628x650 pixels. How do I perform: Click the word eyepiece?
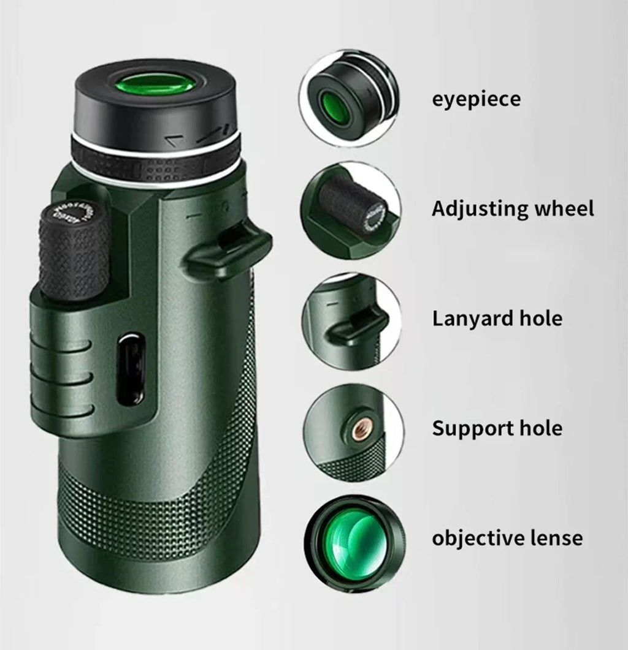476,99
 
